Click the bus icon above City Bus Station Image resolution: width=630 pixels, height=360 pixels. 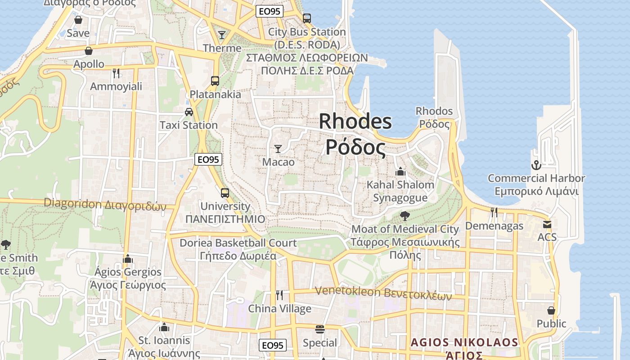coord(307,18)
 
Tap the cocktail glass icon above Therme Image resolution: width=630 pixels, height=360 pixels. coord(221,35)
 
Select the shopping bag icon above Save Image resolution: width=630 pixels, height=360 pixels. coord(78,20)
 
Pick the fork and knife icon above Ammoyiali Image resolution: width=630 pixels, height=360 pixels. coord(116,73)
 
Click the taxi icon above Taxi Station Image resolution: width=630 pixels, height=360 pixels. coord(189,112)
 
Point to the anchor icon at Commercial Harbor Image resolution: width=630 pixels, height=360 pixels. coord(535,165)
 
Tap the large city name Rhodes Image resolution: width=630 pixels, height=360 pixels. coord(355,122)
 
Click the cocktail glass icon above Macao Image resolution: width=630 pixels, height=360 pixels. coord(278,148)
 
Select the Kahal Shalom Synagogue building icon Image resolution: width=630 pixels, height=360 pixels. coord(400,171)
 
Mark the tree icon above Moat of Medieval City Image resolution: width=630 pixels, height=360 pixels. coord(405,216)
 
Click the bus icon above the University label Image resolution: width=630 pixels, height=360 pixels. coord(225,193)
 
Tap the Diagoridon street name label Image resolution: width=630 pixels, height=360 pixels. coord(105,204)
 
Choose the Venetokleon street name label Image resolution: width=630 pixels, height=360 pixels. coord(383,292)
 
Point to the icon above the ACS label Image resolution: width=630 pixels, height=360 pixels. coord(547,224)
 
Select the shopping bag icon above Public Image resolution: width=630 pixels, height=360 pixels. coord(551,310)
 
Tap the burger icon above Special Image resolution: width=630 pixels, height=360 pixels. coord(320,329)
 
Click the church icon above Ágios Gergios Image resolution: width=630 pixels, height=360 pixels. coord(128,259)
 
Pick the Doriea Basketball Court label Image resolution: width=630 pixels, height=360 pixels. coord(238,243)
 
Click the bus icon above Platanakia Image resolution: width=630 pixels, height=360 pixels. coord(215,81)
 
